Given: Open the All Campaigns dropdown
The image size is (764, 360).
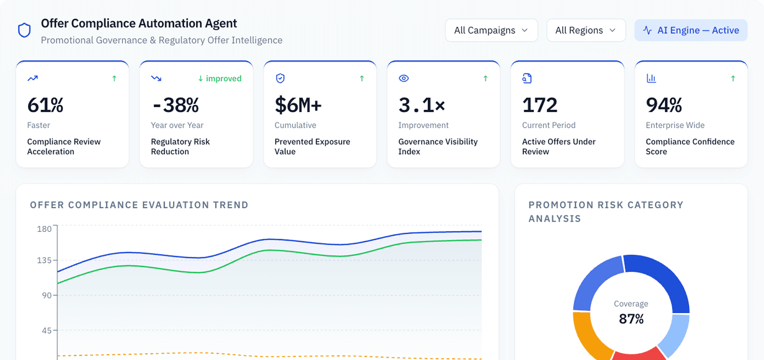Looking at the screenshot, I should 491,30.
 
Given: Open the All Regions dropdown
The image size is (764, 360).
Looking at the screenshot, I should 586,30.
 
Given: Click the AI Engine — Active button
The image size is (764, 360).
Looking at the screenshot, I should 691,30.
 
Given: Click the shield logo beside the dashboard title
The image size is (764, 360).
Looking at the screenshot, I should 25,30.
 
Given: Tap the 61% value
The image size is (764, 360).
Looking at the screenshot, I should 45,105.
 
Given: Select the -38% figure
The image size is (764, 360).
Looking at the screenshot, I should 175,105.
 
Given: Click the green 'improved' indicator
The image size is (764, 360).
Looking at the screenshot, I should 220,78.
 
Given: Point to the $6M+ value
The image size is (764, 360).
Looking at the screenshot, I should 298,105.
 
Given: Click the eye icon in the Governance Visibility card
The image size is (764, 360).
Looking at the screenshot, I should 404,78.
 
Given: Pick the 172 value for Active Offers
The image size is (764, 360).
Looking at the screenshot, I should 540,105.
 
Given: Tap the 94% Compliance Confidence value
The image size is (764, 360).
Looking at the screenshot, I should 664,105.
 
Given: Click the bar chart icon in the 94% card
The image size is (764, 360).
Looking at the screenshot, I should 651,78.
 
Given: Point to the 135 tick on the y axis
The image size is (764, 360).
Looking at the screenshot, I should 44,260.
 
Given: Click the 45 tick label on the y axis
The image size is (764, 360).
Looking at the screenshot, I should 46,330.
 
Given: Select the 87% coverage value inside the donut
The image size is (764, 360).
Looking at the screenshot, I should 631,319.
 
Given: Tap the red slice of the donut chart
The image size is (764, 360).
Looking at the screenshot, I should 639,354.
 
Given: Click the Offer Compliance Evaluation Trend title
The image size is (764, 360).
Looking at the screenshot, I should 139,205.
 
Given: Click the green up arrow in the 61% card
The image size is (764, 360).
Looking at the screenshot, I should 114,78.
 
